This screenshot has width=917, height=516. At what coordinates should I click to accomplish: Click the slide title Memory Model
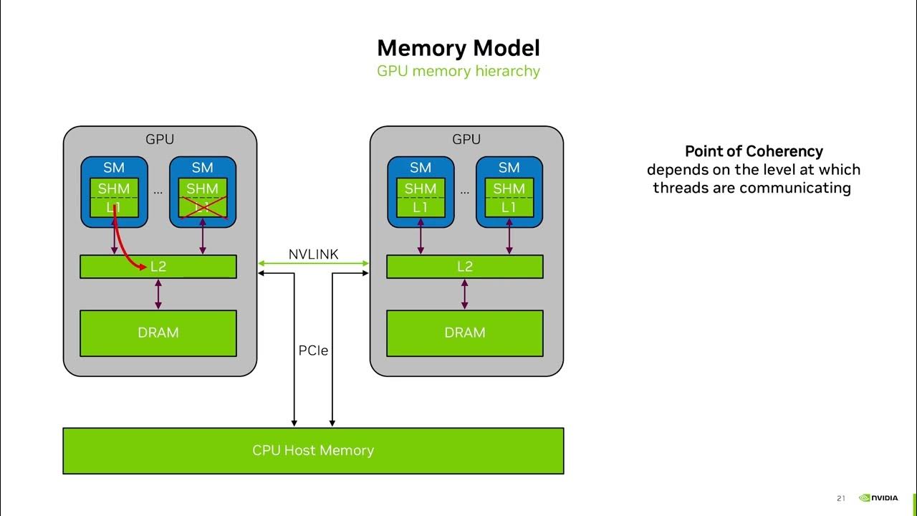pos(458,48)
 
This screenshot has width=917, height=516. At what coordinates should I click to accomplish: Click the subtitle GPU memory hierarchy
pos(458,71)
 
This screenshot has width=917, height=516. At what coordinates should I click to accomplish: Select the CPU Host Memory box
pos(313,450)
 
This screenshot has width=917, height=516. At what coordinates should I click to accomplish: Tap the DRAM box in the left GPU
pos(158,333)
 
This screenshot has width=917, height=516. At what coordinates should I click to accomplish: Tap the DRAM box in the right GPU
pos(464,333)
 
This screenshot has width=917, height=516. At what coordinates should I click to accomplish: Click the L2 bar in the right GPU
pos(464,267)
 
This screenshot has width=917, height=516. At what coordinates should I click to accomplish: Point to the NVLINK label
pos(313,254)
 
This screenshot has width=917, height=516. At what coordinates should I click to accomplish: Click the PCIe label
pos(313,351)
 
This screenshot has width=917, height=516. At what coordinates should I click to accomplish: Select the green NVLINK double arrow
pos(313,264)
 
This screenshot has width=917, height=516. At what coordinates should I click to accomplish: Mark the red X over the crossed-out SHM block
pos(203,199)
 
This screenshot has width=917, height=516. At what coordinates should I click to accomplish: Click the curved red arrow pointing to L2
pos(123,247)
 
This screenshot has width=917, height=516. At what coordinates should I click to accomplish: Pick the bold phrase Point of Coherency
pos(754,151)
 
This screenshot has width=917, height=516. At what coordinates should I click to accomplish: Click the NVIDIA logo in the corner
pos(878,498)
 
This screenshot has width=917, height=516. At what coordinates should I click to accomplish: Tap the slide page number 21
pos(841,499)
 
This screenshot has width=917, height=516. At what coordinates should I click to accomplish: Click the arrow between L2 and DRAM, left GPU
pos(158,294)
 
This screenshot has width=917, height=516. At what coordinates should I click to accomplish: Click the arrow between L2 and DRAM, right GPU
pos(465,294)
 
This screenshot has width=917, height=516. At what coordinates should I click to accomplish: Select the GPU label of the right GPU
pos(466,140)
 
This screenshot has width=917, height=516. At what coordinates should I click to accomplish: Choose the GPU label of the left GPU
pos(160,140)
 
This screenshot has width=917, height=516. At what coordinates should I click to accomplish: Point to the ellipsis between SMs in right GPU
pos(465,192)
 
